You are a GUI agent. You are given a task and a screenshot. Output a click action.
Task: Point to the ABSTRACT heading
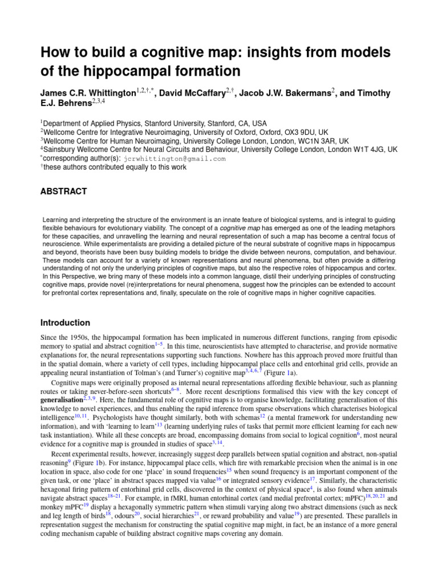pos(63,191)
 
